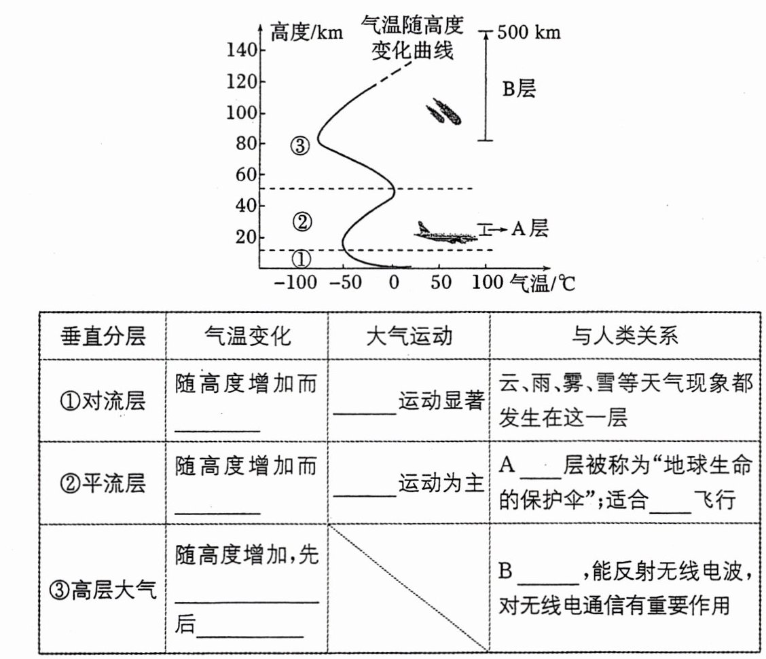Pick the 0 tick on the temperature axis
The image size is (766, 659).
coord(393,282)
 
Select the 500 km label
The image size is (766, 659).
coord(529,32)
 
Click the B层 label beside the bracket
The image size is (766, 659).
coord(519,89)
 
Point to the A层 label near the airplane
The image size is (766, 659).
coord(529,229)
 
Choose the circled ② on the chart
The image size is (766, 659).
coord(302,221)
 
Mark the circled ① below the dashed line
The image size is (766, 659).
coord(302,259)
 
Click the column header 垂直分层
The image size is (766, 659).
coord(103,337)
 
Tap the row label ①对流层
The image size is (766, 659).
coord(103,401)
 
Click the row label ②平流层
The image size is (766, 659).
coord(103,485)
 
